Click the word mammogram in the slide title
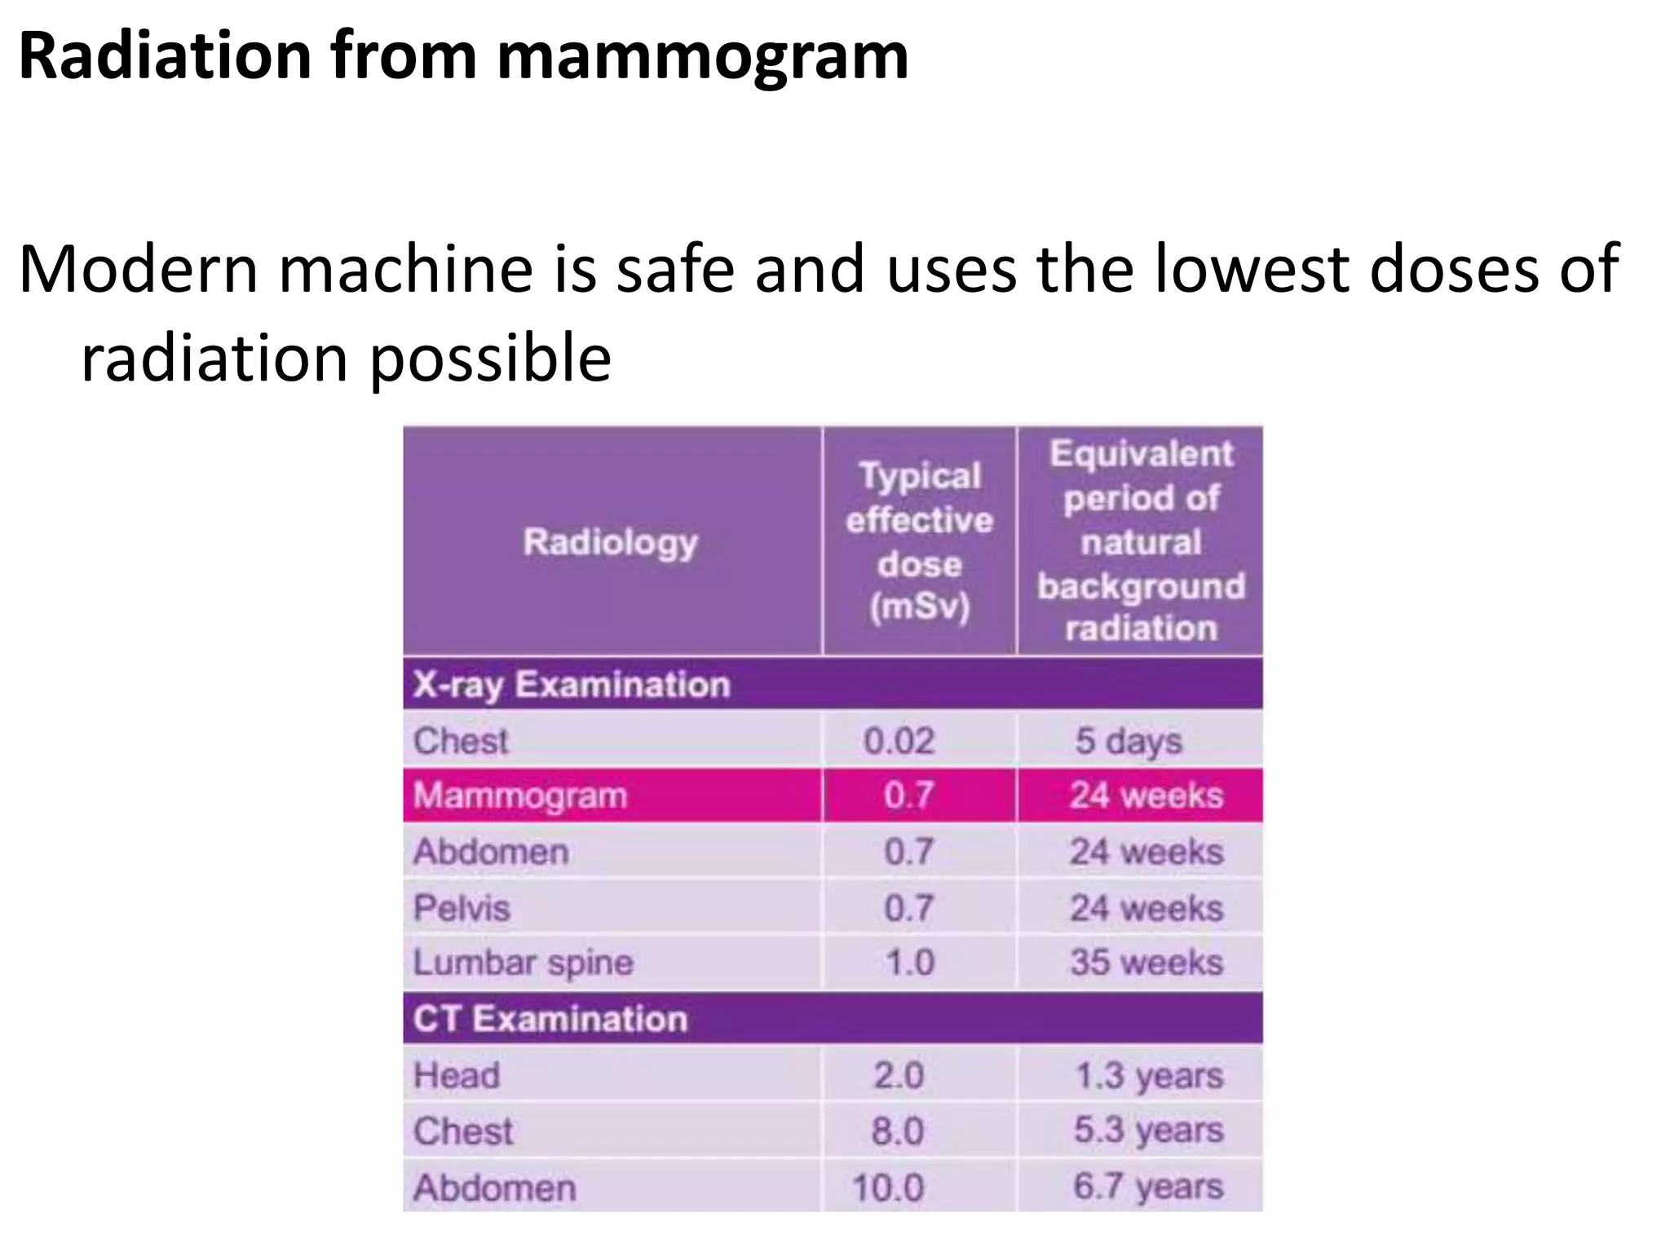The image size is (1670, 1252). pyautogui.click(x=703, y=59)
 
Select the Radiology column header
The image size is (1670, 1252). pyautogui.click(x=611, y=542)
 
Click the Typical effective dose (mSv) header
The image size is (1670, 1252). pyautogui.click(x=919, y=542)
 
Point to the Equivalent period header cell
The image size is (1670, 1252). pyautogui.click(x=1140, y=542)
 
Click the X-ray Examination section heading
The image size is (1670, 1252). pyautogui.click(x=571, y=685)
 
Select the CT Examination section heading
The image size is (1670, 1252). pyautogui.click(x=550, y=1019)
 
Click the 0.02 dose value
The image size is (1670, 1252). pyautogui.click(x=899, y=741)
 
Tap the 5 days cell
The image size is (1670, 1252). pyautogui.click(x=1128, y=741)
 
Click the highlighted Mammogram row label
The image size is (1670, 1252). pyautogui.click(x=520, y=796)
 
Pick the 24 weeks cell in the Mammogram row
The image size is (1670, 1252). pyautogui.click(x=1146, y=796)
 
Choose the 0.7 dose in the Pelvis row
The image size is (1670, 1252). pyautogui.click(x=908, y=908)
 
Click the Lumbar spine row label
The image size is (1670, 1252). pyautogui.click(x=523, y=963)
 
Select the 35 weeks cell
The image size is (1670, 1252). pyautogui.click(x=1146, y=963)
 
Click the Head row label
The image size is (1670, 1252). pyautogui.click(x=457, y=1075)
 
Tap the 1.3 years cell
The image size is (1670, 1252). pyautogui.click(x=1148, y=1076)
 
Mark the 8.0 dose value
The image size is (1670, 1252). pyautogui.click(x=897, y=1131)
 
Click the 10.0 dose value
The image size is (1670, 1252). pyautogui.click(x=888, y=1188)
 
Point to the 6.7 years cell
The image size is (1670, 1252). pyautogui.click(x=1148, y=1187)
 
